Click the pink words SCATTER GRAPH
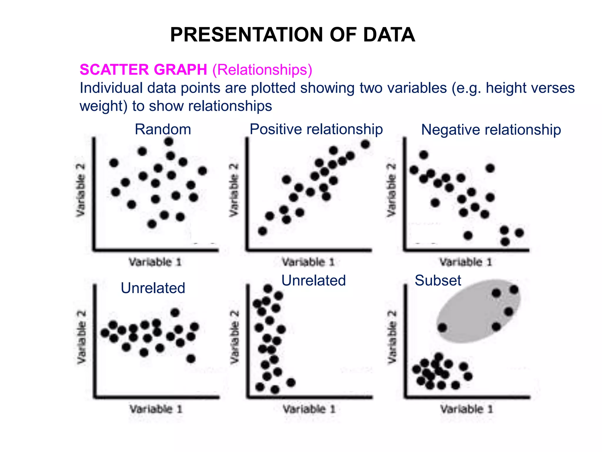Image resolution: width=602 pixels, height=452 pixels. point(143,70)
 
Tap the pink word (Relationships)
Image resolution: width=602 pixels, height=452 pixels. point(262,70)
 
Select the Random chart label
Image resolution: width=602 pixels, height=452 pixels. point(163,129)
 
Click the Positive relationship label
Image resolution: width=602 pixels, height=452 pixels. point(316,129)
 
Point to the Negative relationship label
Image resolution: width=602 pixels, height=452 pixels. point(491,130)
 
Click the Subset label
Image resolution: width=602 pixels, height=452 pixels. point(438,280)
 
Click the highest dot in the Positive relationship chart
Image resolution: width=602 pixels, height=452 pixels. point(365,144)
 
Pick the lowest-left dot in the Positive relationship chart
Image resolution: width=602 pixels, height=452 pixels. point(262,231)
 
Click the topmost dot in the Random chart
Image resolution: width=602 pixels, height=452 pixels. point(169,142)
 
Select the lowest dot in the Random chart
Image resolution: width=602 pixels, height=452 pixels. point(152,224)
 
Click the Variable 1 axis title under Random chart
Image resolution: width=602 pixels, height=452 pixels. point(155,262)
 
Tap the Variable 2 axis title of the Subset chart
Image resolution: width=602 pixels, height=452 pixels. point(392,337)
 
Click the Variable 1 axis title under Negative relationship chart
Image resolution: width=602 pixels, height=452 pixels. point(466,262)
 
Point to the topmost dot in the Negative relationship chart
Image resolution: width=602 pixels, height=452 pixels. point(424,155)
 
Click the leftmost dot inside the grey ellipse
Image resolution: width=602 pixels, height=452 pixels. point(442,328)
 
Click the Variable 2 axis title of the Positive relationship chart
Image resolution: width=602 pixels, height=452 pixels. point(234,190)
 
